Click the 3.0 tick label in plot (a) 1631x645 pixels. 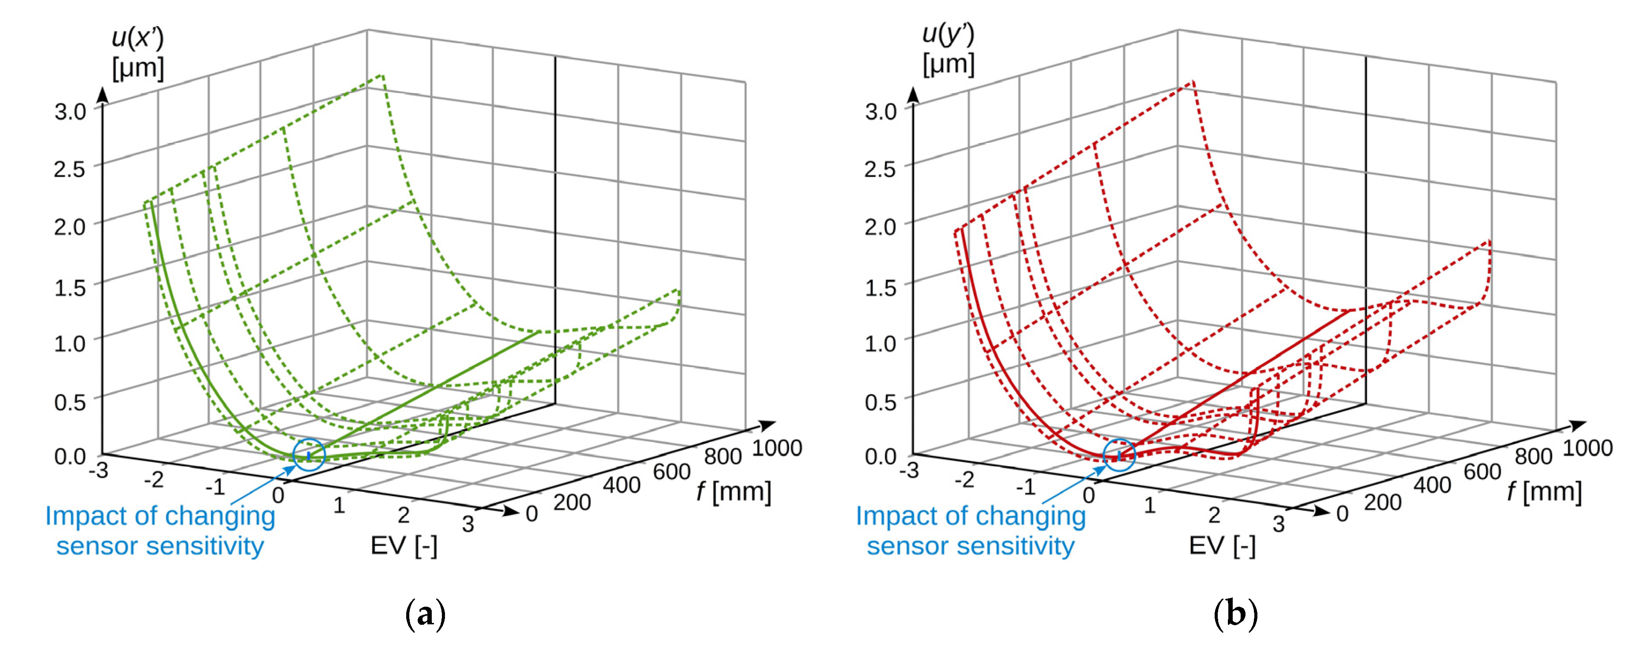[70, 111]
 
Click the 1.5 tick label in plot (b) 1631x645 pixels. [880, 287]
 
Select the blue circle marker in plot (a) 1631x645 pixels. [309, 454]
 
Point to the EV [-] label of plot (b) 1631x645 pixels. [1222, 545]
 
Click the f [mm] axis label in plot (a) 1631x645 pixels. [734, 492]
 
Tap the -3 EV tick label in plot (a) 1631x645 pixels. [98, 470]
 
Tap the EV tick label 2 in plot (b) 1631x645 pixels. [1214, 515]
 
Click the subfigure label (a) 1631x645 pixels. [425, 613]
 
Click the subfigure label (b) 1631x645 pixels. [1235, 613]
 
